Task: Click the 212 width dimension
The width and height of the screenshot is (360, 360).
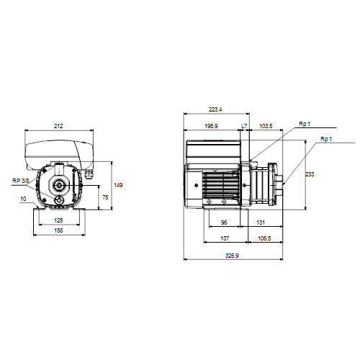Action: [58, 126]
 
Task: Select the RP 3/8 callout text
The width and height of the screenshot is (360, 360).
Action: [20, 181]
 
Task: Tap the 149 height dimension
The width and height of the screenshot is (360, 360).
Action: [118, 185]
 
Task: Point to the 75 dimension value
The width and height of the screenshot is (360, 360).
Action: [105, 197]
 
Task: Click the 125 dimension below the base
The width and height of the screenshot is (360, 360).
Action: [58, 220]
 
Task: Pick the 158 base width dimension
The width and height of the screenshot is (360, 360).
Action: [58, 230]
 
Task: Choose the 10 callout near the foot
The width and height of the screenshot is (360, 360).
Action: [23, 199]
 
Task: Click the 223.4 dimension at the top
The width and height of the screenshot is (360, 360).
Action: [215, 109]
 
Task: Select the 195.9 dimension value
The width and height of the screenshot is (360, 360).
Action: [211, 126]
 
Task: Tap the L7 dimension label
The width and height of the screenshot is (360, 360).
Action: [244, 126]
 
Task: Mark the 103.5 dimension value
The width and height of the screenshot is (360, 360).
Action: [266, 126]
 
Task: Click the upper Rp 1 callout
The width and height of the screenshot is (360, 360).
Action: [305, 124]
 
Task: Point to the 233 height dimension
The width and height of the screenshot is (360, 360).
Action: [310, 174]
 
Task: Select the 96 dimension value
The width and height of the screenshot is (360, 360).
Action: [224, 222]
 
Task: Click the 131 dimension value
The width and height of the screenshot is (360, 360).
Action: [261, 222]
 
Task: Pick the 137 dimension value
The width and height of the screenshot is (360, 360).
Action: [225, 238]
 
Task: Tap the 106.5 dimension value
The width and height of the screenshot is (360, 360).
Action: [264, 238]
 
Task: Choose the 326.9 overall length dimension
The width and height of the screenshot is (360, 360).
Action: [232, 256]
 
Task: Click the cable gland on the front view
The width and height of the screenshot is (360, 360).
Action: [89, 174]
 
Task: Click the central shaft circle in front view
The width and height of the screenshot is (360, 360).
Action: [58, 185]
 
